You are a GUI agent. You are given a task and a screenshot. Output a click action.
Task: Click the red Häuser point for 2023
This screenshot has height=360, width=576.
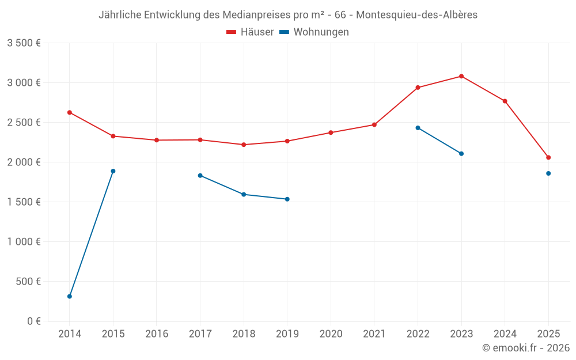click(461, 76)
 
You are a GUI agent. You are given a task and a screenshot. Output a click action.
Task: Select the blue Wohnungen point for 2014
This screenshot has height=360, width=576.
click(70, 297)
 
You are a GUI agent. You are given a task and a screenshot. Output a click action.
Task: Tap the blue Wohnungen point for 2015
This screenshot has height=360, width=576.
click(113, 171)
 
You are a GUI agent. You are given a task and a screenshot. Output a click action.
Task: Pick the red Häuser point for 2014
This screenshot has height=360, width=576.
click(70, 112)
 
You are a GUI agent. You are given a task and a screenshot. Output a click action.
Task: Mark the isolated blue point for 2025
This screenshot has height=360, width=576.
click(548, 173)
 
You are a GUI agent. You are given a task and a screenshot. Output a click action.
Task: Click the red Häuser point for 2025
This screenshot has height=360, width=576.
click(548, 157)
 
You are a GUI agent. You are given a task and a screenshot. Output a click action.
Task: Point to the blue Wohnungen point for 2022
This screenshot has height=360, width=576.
click(418, 128)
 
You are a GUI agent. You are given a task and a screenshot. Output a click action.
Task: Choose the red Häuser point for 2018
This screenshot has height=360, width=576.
click(244, 145)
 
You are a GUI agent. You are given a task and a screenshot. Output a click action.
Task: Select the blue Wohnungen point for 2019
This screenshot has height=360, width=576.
click(287, 199)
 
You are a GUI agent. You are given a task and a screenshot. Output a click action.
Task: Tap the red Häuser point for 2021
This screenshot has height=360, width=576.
click(374, 124)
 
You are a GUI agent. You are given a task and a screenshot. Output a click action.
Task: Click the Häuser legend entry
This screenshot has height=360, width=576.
click(250, 32)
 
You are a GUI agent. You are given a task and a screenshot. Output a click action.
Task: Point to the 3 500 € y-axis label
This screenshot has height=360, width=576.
click(24, 43)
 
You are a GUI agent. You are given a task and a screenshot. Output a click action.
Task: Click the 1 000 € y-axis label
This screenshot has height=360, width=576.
click(24, 242)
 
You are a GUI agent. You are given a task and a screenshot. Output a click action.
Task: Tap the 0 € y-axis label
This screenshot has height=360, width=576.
click(34, 321)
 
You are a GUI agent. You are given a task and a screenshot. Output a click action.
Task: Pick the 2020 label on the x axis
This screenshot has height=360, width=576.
click(331, 334)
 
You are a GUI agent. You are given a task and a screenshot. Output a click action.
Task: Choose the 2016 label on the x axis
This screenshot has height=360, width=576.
click(157, 334)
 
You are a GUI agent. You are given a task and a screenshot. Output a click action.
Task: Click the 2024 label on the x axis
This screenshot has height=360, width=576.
click(505, 334)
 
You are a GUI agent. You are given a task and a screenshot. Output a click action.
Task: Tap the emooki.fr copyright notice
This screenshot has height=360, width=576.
click(526, 348)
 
